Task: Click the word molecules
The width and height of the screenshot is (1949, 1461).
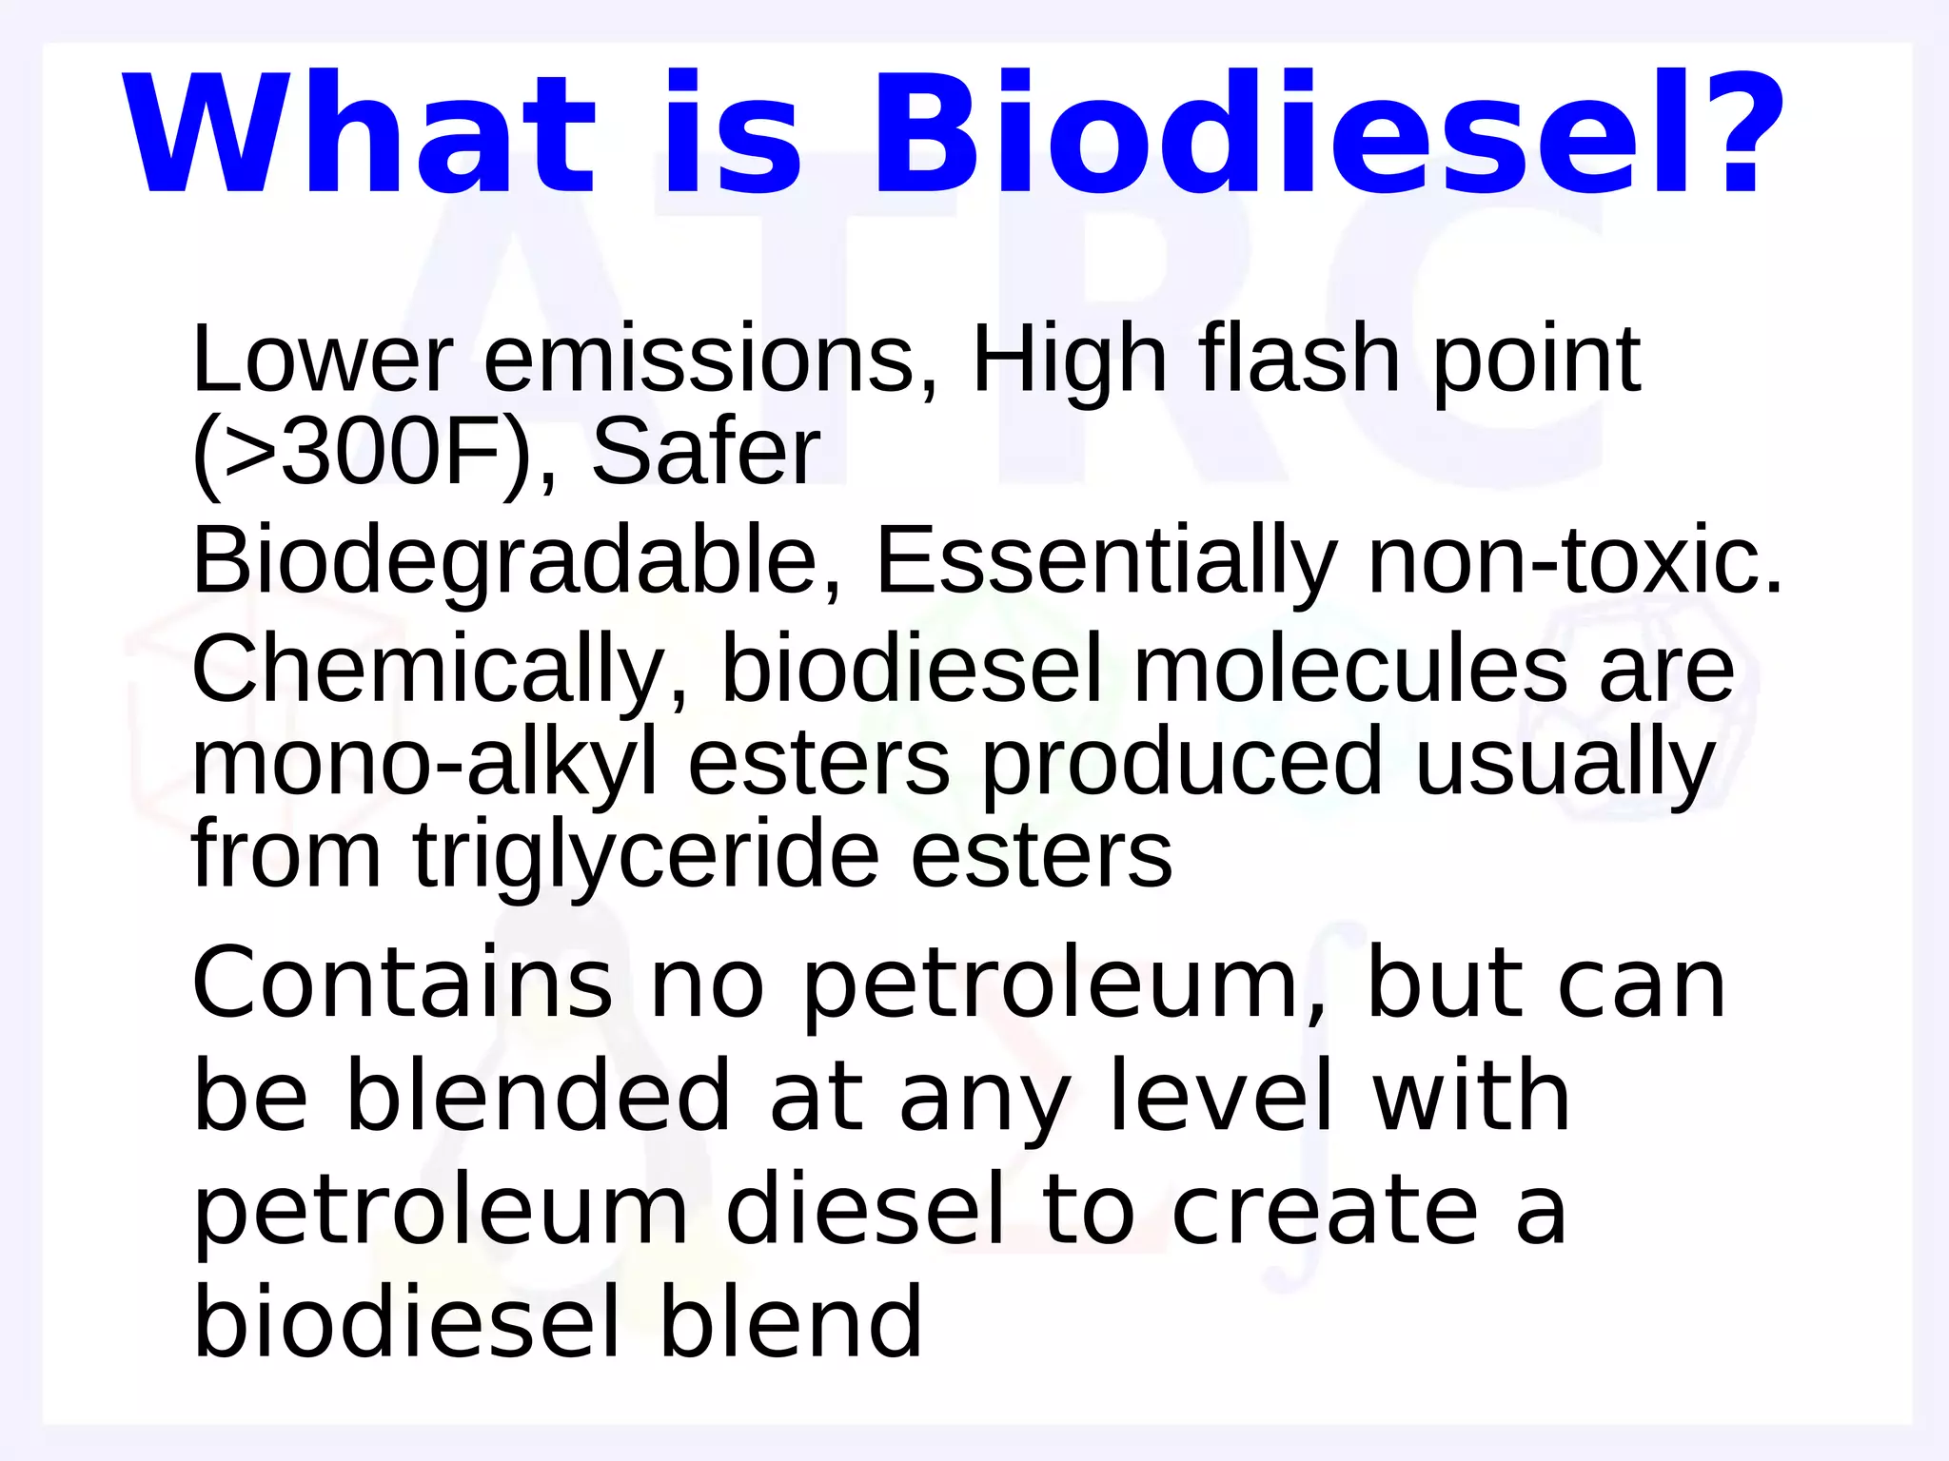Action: (1349, 671)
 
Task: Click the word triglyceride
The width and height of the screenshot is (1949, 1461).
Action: (645, 856)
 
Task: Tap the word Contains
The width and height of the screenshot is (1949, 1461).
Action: (403, 984)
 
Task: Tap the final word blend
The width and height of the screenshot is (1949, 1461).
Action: (790, 1322)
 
